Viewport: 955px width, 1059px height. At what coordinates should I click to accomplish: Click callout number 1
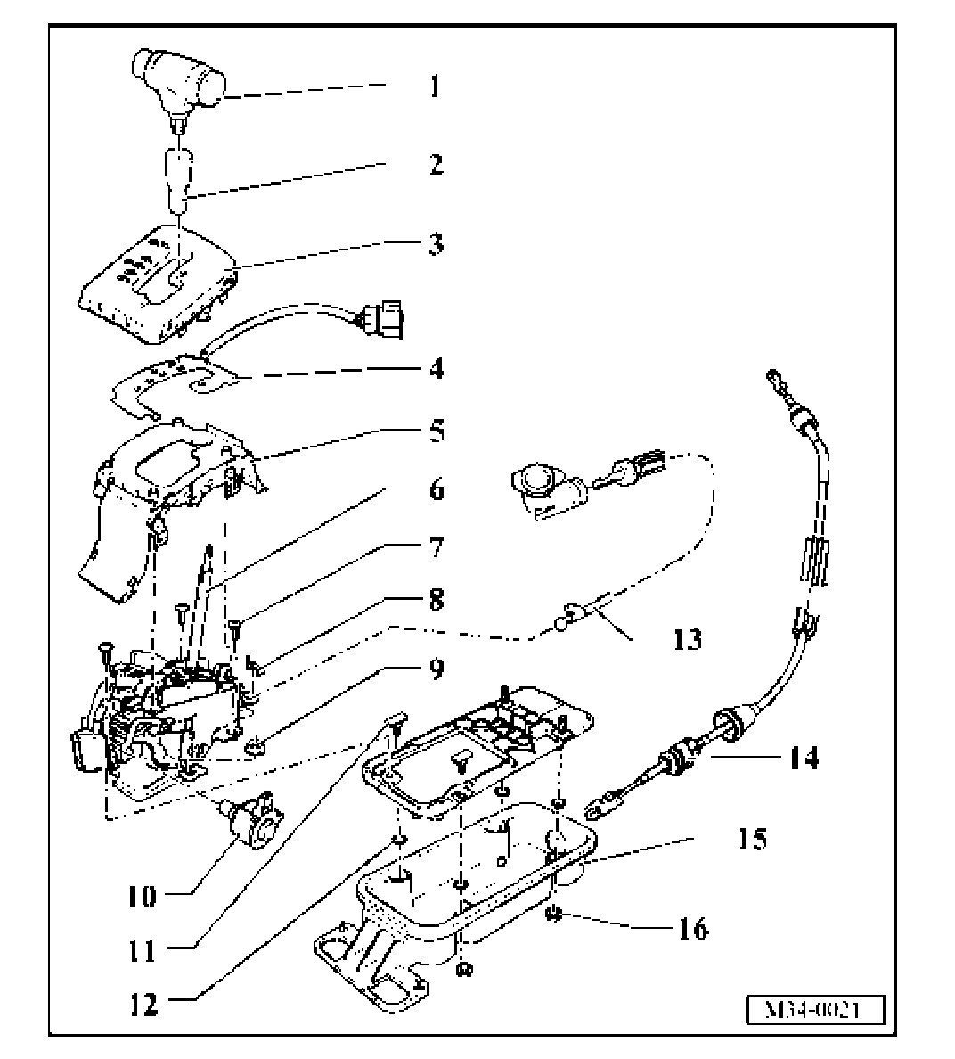pos(434,86)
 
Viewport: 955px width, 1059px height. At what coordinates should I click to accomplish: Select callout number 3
pos(434,243)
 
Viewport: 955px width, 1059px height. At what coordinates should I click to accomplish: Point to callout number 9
pos(435,668)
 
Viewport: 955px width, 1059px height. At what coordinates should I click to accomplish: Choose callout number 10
pos(140,895)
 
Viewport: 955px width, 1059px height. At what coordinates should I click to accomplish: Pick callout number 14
pos(803,758)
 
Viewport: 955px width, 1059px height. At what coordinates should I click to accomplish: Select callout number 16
pos(693,929)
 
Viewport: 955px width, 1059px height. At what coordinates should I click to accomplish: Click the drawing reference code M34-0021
pos(814,1011)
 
